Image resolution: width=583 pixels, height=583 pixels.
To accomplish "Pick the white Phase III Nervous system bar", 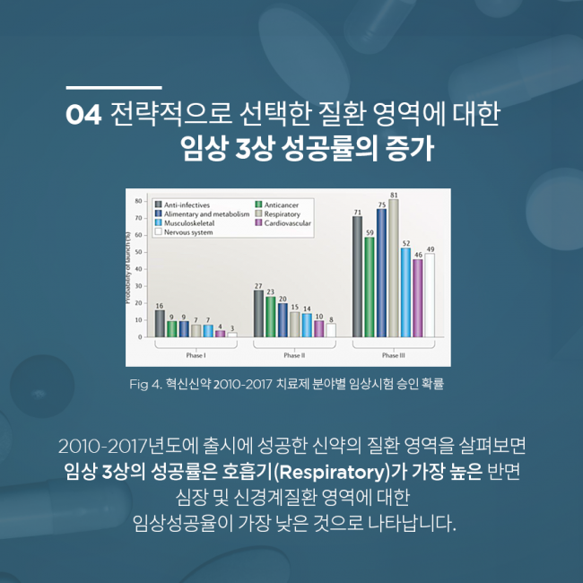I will click(430, 295).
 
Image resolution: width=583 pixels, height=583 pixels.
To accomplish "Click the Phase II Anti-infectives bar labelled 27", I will click(258, 313).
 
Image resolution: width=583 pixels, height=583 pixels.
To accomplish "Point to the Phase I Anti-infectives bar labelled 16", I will click(160, 323).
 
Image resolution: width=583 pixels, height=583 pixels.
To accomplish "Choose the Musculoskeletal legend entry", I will click(189, 222).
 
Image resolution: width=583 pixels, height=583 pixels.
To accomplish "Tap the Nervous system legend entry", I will click(187, 231).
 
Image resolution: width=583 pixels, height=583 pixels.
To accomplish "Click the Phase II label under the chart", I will click(294, 353).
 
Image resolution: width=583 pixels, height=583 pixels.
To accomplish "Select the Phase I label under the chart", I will click(196, 353).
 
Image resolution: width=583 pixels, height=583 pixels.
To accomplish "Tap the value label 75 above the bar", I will click(381, 204).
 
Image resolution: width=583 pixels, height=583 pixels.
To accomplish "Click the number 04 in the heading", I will click(85, 117).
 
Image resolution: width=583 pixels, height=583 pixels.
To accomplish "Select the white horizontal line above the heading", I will click(114, 88).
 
